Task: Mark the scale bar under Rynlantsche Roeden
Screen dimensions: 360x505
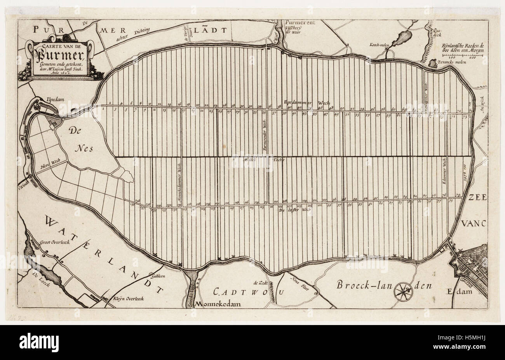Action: click(x=461, y=56)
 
